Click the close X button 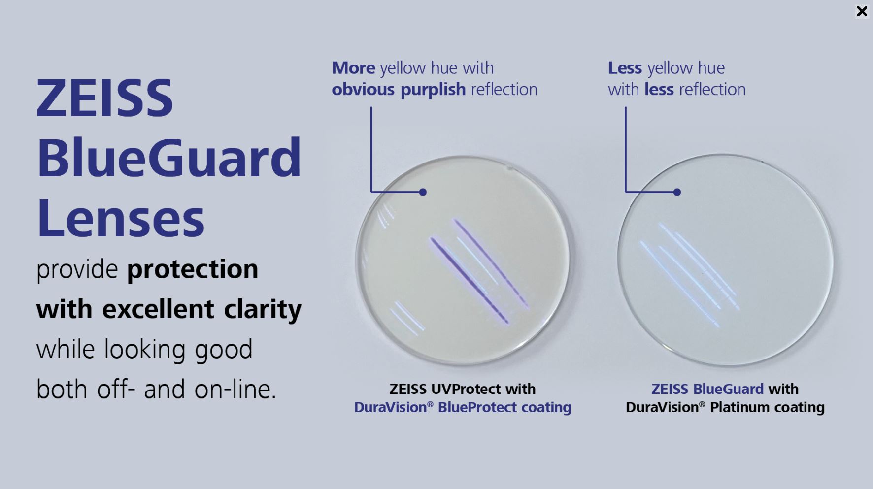[862, 11]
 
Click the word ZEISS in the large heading [105, 98]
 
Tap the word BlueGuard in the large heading [169, 158]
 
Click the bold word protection [193, 269]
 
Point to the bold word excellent [158, 309]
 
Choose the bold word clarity [263, 310]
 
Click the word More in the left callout [353, 68]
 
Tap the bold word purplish [433, 90]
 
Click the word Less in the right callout [625, 68]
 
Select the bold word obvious [363, 90]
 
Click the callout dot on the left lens [423, 192]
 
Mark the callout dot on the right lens [677, 192]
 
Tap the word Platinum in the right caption [739, 408]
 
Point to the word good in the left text [224, 350]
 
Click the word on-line [235, 390]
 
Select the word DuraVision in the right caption [662, 408]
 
